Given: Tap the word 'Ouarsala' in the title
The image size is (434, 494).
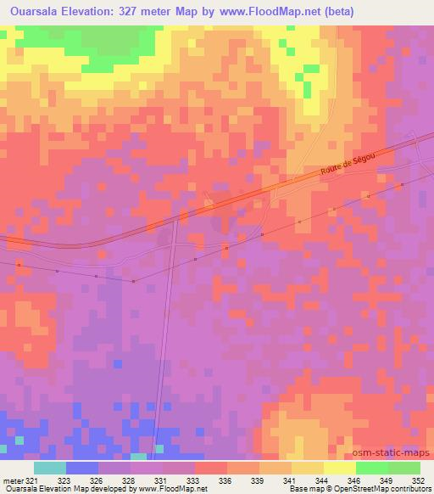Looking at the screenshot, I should [31, 12].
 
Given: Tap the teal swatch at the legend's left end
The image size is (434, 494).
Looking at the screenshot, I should [49, 468].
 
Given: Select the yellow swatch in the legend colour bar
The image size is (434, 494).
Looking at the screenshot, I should [339, 468].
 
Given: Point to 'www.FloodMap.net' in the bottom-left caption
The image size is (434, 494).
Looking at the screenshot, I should [167, 489].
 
